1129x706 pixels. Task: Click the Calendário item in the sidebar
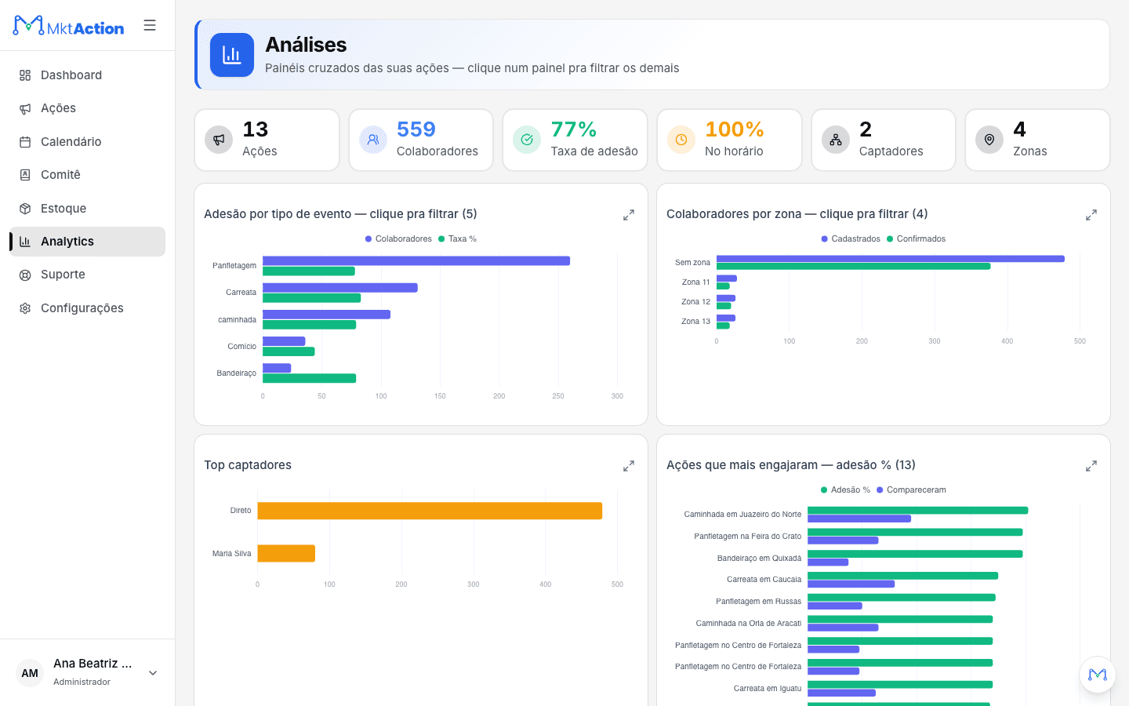tap(71, 142)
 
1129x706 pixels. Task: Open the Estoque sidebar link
tap(63, 209)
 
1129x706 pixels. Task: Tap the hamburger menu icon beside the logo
tap(150, 25)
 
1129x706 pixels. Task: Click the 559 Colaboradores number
tap(416, 129)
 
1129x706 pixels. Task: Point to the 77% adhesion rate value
tap(574, 129)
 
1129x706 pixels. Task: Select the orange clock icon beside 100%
tap(681, 139)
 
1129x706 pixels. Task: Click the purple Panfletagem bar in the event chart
tap(416, 260)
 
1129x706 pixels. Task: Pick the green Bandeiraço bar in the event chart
tap(310, 378)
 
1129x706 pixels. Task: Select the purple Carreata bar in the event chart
tap(340, 287)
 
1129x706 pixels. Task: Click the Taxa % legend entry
tap(457, 239)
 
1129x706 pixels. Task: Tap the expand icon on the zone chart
tap(1091, 215)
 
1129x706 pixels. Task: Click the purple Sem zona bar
tap(891, 259)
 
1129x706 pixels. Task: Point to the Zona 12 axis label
tap(695, 301)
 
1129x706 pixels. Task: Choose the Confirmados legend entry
tap(916, 239)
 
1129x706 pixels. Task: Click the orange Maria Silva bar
tap(286, 553)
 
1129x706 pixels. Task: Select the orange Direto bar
tap(430, 511)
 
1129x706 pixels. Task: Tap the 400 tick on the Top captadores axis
tap(546, 584)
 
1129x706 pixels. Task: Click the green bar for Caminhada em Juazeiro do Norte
tap(918, 511)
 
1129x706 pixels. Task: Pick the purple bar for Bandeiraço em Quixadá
tap(828, 562)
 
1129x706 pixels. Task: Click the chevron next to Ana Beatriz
tap(153, 673)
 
